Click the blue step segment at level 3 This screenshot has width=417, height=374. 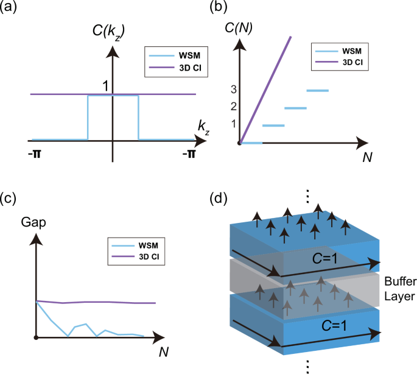[x=317, y=91]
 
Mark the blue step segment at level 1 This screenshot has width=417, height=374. [x=273, y=125]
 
